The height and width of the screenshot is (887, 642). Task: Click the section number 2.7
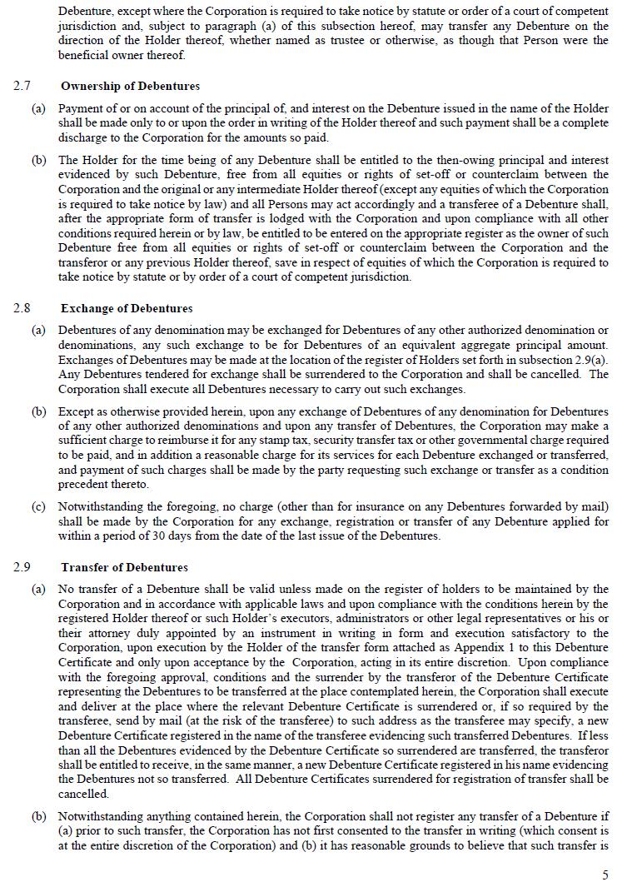[x=22, y=86]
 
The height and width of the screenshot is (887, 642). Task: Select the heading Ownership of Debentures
[x=130, y=86]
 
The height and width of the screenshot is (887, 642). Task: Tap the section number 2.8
[x=22, y=308]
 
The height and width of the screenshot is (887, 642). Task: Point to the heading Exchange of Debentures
[x=127, y=308]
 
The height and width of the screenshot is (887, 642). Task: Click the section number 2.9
[x=22, y=567]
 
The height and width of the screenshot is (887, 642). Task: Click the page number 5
[x=605, y=875]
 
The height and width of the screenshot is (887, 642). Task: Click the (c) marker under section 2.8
[x=38, y=506]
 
